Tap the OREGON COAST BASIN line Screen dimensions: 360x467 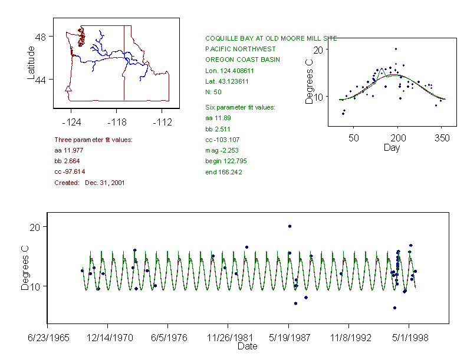pyautogui.click(x=242, y=60)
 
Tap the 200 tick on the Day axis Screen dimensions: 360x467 pyautogui.click(x=397, y=138)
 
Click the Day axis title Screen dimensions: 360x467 pyautogui.click(x=392, y=148)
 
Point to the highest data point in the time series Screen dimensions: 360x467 pyautogui.click(x=290, y=226)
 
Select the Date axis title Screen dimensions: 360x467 pyautogui.click(x=247, y=346)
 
